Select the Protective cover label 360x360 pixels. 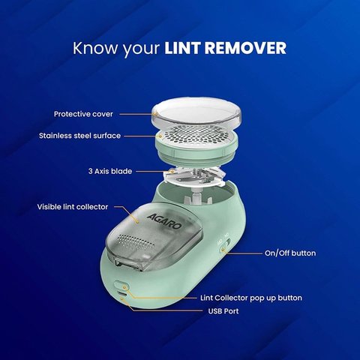tap(83, 114)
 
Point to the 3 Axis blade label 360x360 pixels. tap(108, 171)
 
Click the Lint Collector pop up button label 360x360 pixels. tap(251, 297)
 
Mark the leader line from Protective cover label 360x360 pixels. tap(137, 114)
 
